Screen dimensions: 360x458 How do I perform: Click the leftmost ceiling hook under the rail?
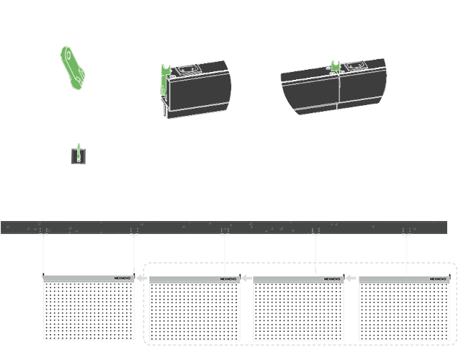43,235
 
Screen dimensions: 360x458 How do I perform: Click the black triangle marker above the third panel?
318,271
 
